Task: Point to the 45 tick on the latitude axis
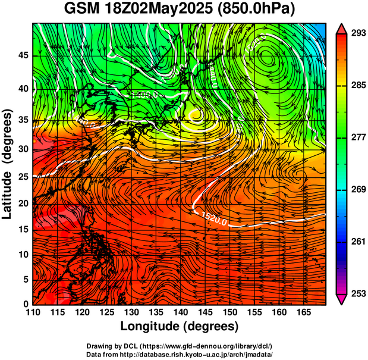pyautogui.click(x=22, y=55)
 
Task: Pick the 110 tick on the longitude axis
pyautogui.click(x=33, y=313)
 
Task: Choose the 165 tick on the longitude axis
pyautogui.click(x=302, y=313)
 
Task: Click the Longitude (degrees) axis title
pyautogui.click(x=180, y=326)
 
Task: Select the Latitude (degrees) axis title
pyautogui.click(x=8, y=164)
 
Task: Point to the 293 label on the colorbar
pyautogui.click(x=354, y=33)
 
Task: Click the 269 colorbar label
pyautogui.click(x=354, y=189)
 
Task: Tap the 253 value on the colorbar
pyautogui.click(x=354, y=293)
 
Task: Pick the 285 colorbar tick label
pyautogui.click(x=354, y=85)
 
